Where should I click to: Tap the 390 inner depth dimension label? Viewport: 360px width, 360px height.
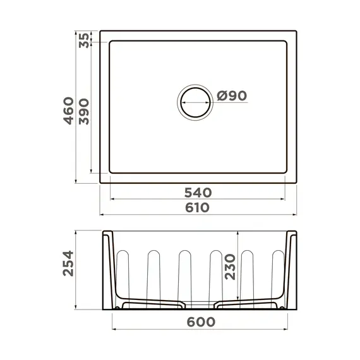pos(84,111)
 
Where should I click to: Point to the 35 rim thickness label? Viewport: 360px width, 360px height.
pos(84,40)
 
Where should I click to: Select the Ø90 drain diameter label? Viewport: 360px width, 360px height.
pos(231,96)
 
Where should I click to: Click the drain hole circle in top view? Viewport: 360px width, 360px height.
pos(195,101)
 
